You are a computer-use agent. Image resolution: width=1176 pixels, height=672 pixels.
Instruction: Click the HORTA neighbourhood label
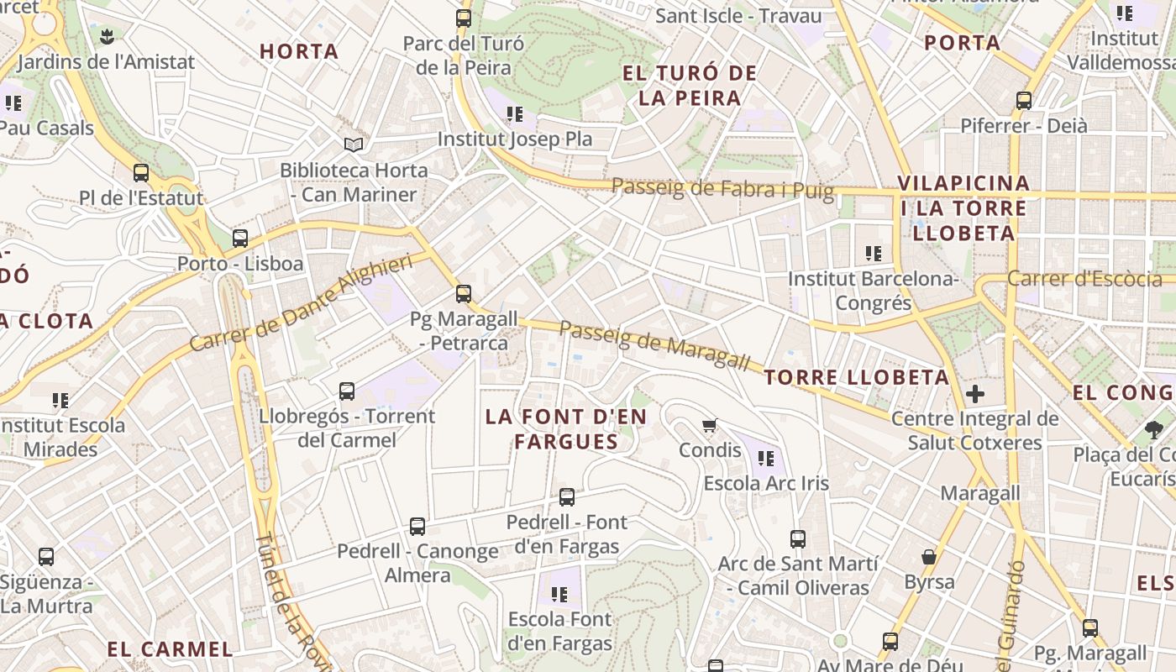pyautogui.click(x=299, y=51)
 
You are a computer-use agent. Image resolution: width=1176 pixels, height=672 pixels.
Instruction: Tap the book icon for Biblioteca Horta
pyautogui.click(x=354, y=145)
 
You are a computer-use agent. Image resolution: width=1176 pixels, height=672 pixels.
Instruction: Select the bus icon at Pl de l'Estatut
pyautogui.click(x=141, y=173)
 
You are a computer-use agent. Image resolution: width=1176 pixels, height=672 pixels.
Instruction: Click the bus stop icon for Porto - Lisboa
pyautogui.click(x=240, y=239)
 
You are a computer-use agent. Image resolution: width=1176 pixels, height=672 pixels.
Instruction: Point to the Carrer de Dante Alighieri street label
pyautogui.click(x=302, y=302)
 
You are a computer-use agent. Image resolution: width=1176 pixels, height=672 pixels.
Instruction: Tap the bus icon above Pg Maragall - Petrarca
pyautogui.click(x=464, y=294)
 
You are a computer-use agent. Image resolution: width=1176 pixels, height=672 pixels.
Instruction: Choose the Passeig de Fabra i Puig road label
pyautogui.click(x=722, y=188)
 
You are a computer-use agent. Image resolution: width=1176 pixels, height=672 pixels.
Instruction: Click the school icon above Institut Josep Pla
pyautogui.click(x=515, y=113)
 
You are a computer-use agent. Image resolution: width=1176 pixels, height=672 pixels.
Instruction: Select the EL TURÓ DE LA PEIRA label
pyautogui.click(x=690, y=86)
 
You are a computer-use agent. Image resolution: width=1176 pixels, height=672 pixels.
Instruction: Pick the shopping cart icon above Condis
pyautogui.click(x=710, y=425)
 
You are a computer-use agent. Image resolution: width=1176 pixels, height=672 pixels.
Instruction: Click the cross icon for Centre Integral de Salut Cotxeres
pyautogui.click(x=975, y=393)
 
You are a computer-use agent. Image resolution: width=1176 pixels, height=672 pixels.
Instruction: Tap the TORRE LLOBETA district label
pyautogui.click(x=857, y=377)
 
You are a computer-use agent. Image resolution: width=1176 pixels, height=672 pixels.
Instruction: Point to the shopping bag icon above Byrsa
pyautogui.click(x=929, y=557)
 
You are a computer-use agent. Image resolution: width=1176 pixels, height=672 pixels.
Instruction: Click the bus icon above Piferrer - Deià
pyautogui.click(x=1024, y=101)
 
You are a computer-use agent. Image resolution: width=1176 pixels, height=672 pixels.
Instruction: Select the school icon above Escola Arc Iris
pyautogui.click(x=765, y=459)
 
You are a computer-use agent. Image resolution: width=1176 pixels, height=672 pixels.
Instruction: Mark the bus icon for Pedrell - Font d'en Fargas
pyautogui.click(x=567, y=497)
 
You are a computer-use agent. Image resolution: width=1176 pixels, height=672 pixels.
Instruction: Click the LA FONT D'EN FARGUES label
pyautogui.click(x=566, y=428)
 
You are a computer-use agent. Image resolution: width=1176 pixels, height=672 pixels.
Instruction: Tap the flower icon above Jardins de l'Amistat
pyautogui.click(x=106, y=36)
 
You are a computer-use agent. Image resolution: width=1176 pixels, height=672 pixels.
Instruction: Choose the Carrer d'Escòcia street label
pyautogui.click(x=1084, y=278)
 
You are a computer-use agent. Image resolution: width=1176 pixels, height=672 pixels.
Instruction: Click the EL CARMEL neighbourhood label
pyautogui.click(x=170, y=648)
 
